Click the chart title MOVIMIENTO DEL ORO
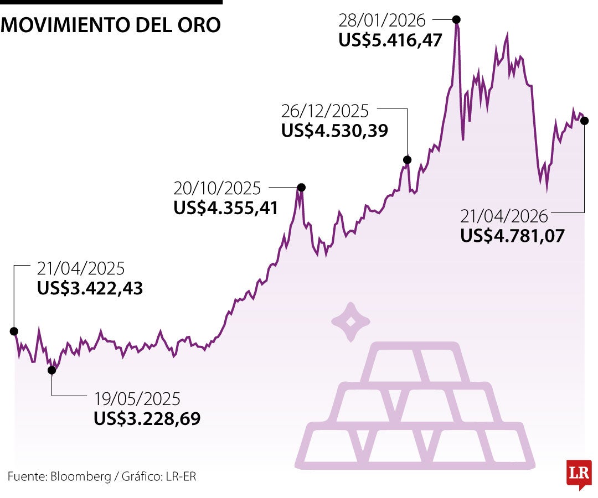111,25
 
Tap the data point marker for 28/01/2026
457,19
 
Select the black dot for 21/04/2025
14,331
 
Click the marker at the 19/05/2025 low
51,370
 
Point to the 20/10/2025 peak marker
301,188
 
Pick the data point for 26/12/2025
408,160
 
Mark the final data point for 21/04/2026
584,121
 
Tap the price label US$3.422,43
90,288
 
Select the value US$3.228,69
147,418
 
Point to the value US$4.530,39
334,130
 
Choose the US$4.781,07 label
512,236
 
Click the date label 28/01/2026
382,21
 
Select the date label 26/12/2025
325,111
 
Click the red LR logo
579,474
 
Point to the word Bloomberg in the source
81,476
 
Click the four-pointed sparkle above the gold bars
350,321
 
